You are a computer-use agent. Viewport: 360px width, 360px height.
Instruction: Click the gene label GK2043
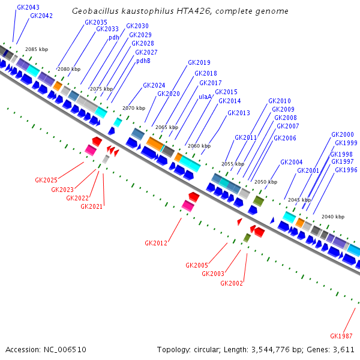click(x=28, y=8)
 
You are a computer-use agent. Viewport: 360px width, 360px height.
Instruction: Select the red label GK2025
click(x=46, y=180)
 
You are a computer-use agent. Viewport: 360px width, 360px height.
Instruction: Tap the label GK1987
click(x=341, y=335)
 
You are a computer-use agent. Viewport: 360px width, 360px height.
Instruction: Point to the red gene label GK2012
click(x=156, y=243)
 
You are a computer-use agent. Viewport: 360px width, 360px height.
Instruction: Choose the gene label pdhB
click(x=143, y=61)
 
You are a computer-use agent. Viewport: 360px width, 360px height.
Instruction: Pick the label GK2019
click(x=199, y=62)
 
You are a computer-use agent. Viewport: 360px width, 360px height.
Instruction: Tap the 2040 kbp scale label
click(x=333, y=217)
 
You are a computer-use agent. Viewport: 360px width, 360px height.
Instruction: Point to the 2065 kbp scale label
click(x=167, y=127)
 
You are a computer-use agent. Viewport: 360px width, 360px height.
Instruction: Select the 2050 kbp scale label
click(x=266, y=182)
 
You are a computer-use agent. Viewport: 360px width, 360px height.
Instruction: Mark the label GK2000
click(x=343, y=134)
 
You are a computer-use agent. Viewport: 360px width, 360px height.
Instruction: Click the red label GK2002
click(x=232, y=283)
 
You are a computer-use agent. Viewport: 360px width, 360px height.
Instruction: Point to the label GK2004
click(x=292, y=162)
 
